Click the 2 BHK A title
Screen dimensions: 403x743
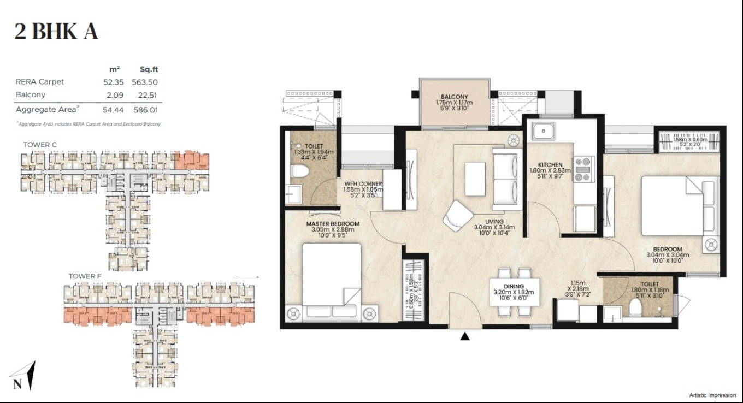[56, 32]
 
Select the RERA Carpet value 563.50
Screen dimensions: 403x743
[145, 82]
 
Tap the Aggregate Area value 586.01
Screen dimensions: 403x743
[145, 110]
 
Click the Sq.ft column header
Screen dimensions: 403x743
[149, 69]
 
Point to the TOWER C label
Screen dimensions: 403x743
[40, 145]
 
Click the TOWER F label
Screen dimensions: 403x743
[85, 276]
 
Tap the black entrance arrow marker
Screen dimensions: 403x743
[465, 337]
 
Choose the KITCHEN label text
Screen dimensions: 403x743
[550, 164]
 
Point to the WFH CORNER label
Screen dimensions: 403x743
[363, 183]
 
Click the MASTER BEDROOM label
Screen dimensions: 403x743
[333, 224]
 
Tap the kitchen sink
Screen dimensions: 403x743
[544, 132]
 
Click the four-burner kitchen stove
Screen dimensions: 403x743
[582, 169]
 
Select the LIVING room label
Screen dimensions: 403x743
[494, 222]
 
